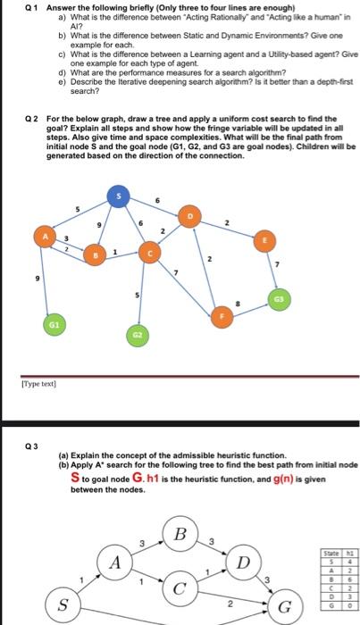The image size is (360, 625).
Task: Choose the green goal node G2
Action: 138,335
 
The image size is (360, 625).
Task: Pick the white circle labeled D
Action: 241,565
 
